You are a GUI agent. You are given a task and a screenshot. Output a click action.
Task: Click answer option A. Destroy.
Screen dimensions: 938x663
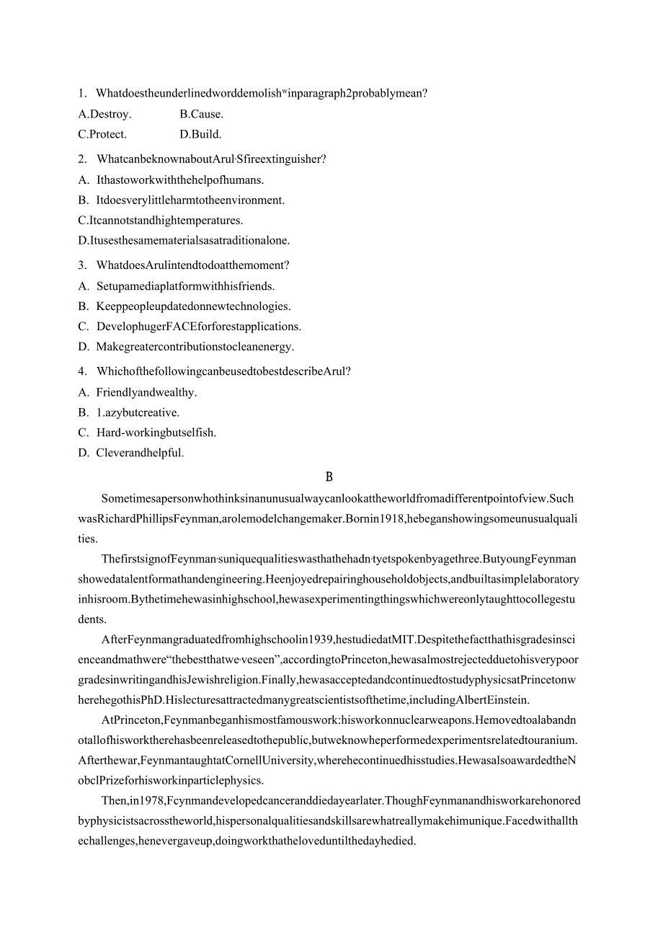104,114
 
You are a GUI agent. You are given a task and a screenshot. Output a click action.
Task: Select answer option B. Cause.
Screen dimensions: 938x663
201,114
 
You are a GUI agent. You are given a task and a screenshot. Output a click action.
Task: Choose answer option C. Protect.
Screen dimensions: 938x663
102,134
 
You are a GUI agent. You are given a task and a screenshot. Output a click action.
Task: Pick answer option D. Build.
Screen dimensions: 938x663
200,134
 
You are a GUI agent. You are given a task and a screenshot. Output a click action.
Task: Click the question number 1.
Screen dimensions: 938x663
82,93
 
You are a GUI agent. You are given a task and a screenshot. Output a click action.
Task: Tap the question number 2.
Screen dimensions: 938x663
82,159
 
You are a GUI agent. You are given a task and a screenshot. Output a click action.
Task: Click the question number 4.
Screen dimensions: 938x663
82,371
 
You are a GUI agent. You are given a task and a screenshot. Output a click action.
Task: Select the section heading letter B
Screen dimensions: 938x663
329,477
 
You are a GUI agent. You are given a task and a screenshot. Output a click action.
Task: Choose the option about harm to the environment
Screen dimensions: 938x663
190,200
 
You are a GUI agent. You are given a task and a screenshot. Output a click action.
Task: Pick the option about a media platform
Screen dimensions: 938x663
185,286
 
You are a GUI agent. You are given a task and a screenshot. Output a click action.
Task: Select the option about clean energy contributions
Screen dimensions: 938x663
195,347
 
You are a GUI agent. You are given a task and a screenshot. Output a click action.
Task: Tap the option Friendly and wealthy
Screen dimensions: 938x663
146,392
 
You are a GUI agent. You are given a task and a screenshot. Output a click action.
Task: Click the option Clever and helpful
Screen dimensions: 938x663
140,453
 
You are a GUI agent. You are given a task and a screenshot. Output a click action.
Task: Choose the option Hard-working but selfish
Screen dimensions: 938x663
156,433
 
